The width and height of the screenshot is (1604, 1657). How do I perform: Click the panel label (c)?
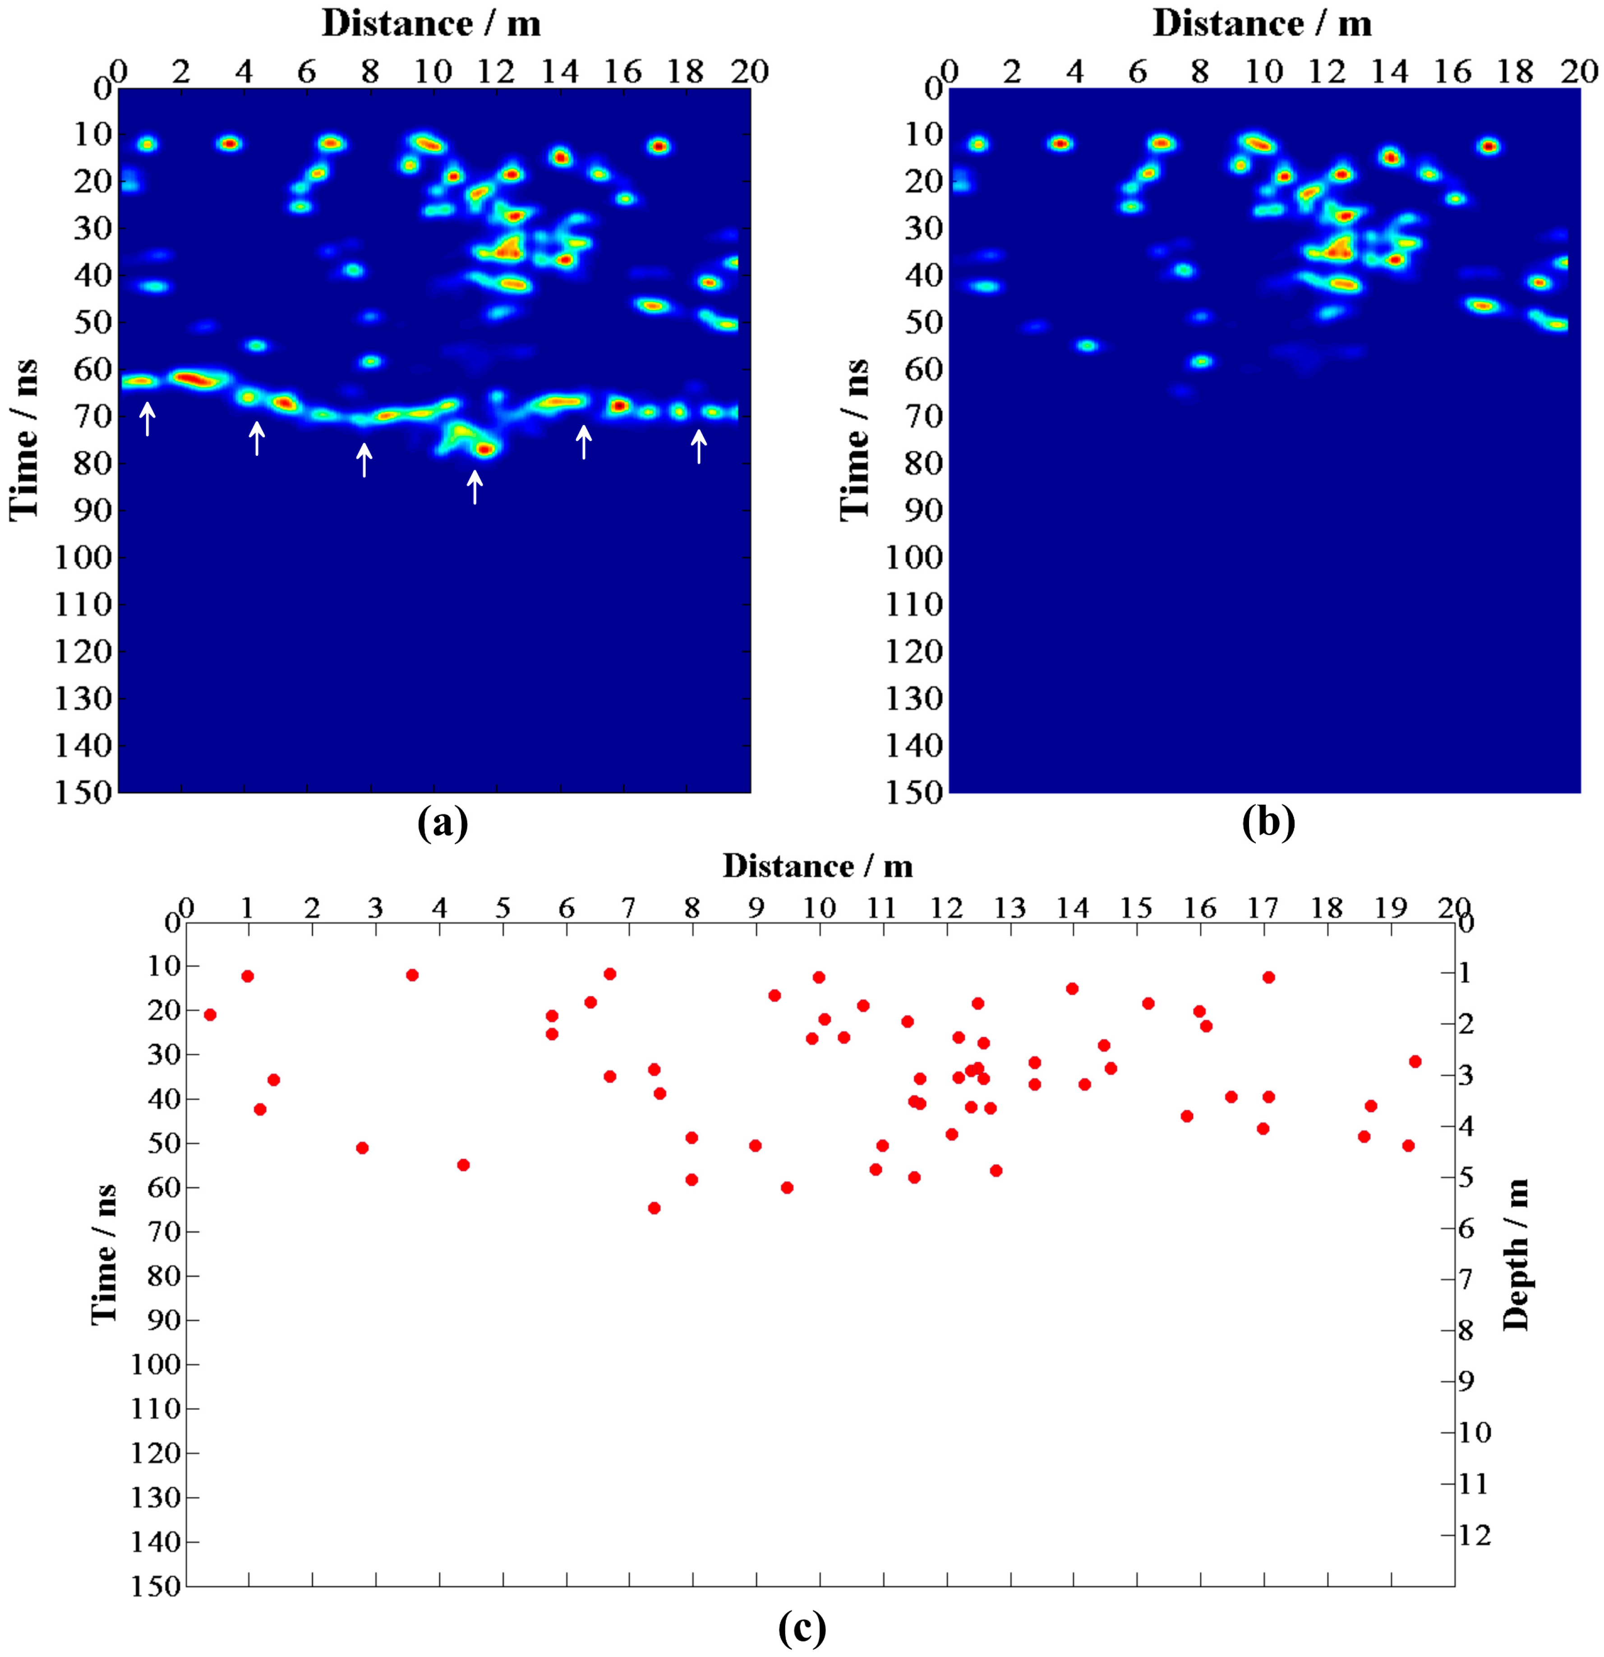tap(801, 1627)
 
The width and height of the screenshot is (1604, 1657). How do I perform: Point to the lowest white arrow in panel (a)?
tap(475, 486)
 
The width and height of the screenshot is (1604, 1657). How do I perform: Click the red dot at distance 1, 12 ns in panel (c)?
tap(248, 976)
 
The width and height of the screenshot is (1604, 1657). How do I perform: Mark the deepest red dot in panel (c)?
tap(654, 1207)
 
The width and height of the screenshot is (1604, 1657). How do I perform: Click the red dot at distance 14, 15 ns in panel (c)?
tap(1072, 988)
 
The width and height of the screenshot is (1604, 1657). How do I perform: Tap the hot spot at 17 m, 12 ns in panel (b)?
tap(1489, 146)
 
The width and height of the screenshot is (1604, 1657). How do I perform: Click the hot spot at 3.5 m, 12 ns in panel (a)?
tap(229, 144)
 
